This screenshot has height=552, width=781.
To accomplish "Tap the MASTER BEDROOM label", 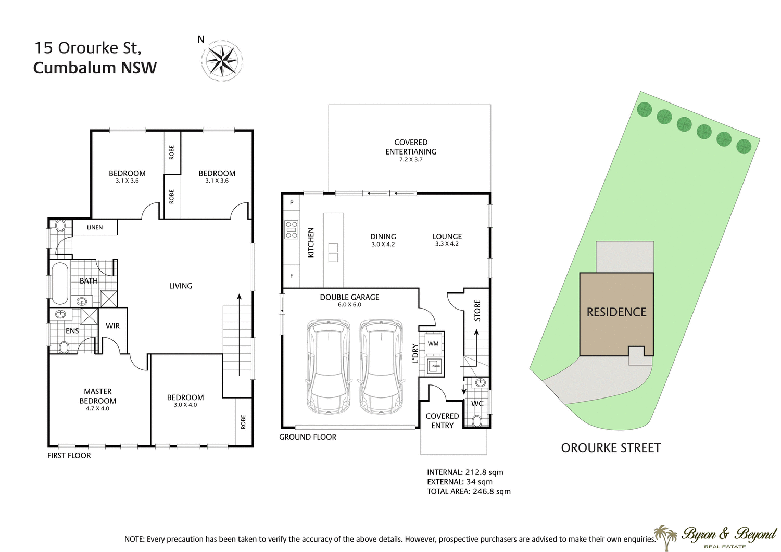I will pos(98,396).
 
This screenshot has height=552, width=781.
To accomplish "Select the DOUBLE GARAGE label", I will pos(349,297).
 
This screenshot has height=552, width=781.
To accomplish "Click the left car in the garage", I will pos(329,367).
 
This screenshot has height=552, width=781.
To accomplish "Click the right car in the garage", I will pos(381,367).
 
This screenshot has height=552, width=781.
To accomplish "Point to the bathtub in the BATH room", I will pos(60,284).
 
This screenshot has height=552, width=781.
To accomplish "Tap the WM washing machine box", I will pos(433,343).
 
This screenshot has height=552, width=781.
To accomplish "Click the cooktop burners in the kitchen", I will pos(291,230).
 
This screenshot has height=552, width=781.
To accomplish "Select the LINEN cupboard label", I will pos(95,227).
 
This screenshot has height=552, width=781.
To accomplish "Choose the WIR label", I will pos(112,326).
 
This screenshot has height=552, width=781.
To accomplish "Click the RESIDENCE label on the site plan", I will pos(616,312).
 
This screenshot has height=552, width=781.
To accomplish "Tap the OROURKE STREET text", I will pos(611,448).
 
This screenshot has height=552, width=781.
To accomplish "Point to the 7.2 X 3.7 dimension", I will pos(411,160).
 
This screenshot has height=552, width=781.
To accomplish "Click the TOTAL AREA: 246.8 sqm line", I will pos(469,491).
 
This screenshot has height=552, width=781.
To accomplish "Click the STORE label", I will pos(477,311).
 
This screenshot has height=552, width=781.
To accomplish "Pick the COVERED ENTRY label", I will pos(442,420).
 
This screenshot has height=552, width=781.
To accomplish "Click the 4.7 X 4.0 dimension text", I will pos(98,409).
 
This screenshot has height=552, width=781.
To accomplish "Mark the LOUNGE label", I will pos(447,236).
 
